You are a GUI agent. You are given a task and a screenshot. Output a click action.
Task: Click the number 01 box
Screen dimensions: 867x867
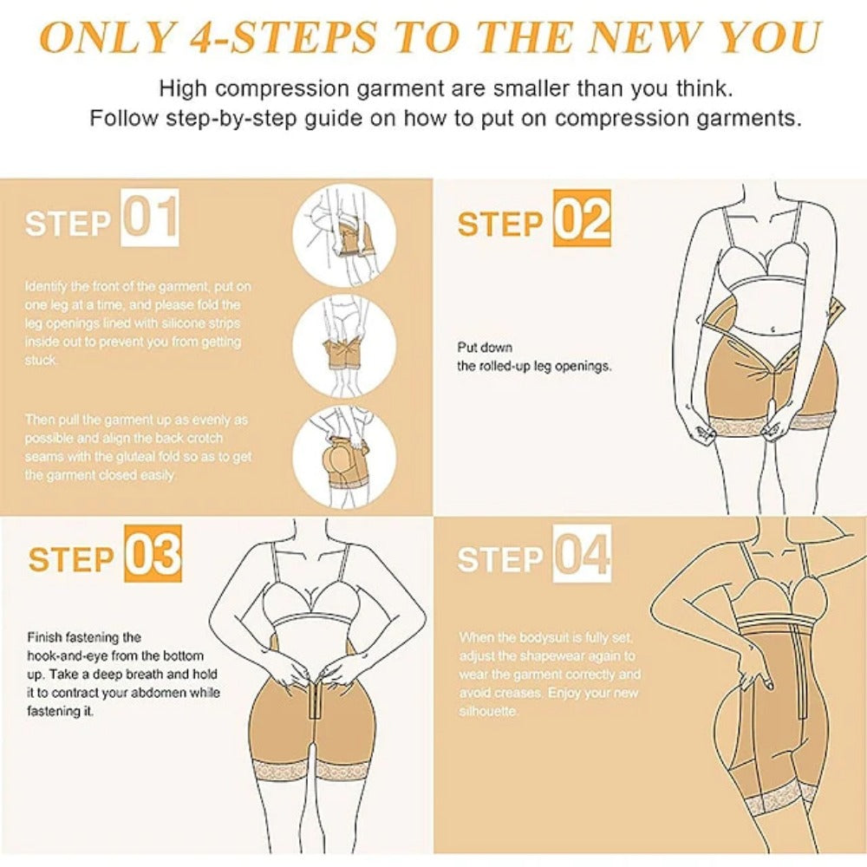click(x=150, y=218)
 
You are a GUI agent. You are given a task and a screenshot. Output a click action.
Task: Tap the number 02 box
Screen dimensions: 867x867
click(x=582, y=218)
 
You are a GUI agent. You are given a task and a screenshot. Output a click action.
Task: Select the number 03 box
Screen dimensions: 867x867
click(x=153, y=553)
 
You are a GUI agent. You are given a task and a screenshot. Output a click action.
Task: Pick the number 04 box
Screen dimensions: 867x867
click(x=582, y=553)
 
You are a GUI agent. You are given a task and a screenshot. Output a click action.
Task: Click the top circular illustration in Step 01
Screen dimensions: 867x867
click(x=344, y=236)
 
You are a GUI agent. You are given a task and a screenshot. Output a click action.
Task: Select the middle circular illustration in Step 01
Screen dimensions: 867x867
click(x=344, y=347)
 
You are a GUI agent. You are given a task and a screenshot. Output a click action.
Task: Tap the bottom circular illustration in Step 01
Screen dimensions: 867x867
click(x=344, y=457)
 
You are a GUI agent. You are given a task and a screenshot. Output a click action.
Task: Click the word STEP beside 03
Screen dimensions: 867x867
click(x=71, y=559)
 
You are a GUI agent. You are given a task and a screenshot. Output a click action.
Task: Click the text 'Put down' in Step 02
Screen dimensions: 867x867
click(x=485, y=348)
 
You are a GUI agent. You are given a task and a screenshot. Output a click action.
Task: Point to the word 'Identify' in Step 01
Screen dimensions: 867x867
click(x=46, y=287)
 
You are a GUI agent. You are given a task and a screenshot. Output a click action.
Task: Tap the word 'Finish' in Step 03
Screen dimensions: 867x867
click(x=45, y=637)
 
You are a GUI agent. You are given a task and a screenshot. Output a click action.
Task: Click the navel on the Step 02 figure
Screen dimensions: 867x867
click(x=773, y=329)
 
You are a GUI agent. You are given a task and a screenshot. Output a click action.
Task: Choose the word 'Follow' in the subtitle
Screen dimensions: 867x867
click(x=124, y=118)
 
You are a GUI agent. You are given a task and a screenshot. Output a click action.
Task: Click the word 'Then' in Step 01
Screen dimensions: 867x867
click(x=40, y=420)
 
